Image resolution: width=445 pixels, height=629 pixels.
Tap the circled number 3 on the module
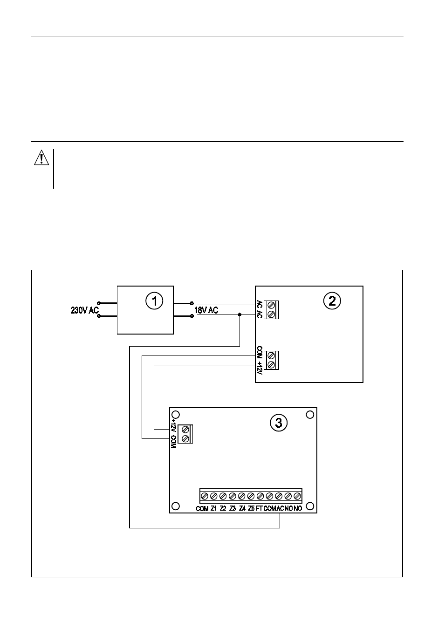coord(279,423)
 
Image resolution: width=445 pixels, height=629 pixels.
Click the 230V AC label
coord(85,310)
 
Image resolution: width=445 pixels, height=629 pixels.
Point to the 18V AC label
coord(206,310)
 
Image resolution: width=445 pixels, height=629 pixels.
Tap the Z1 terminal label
coord(213,508)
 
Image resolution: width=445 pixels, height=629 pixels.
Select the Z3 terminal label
coord(233,508)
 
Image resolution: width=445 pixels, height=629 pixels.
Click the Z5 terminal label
coord(251,508)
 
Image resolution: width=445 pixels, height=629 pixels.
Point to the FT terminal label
coord(260,508)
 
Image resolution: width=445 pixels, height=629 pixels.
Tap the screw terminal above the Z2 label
coord(223,496)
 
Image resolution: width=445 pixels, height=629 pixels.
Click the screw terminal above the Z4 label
coord(241,496)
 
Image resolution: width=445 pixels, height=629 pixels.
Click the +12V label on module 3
coord(173,425)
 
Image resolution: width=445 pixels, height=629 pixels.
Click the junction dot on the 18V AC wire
coord(240,314)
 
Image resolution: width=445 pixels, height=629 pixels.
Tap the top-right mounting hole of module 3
coord(309,415)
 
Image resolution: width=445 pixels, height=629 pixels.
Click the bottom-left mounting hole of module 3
coord(176,506)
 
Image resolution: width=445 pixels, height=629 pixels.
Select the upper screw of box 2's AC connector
coord(271,305)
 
